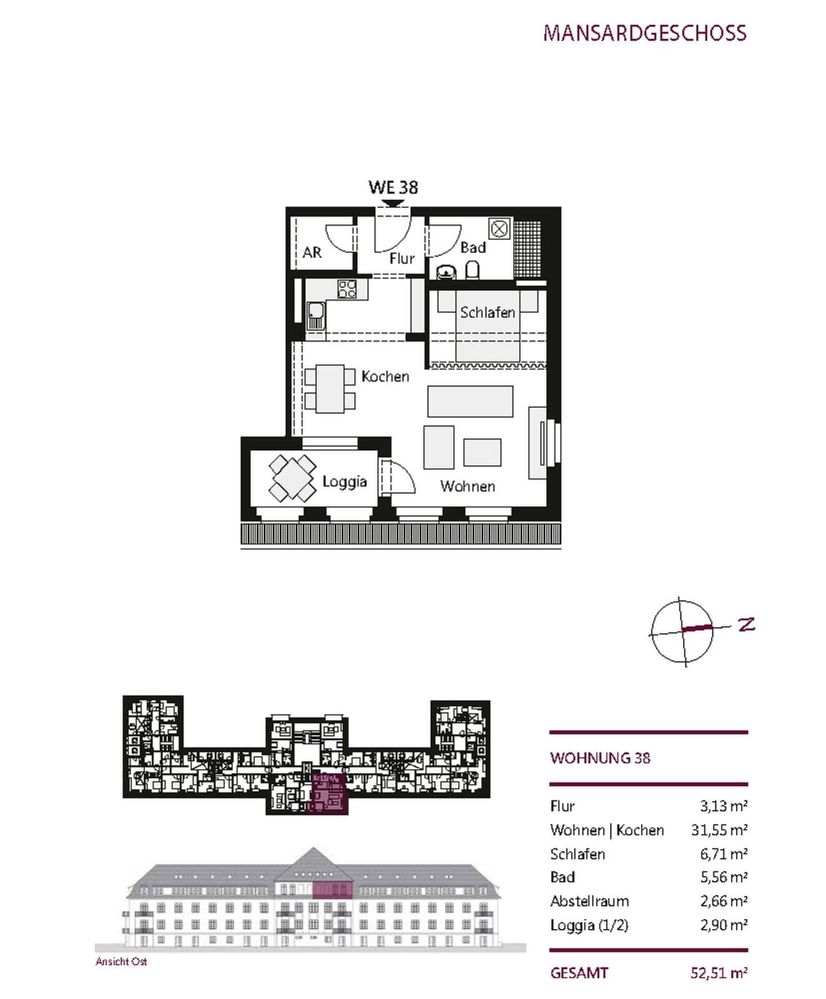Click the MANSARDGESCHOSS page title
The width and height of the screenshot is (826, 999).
[644, 33]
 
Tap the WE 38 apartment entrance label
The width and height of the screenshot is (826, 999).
[393, 187]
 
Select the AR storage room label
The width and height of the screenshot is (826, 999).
[312, 252]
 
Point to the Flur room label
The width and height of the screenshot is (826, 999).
[401, 258]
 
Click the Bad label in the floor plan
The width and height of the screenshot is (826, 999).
[473, 247]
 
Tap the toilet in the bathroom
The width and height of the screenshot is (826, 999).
[473, 270]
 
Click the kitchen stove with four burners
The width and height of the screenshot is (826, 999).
[347, 288]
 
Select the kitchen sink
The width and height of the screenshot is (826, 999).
[315, 316]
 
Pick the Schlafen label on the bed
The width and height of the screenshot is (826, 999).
[488, 312]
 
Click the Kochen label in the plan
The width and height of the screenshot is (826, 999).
[385, 376]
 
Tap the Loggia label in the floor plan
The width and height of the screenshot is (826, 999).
[345, 481]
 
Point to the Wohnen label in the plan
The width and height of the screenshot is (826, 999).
[468, 486]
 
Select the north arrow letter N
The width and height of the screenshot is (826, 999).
[746, 624]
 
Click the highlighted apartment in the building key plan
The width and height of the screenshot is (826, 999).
[328, 794]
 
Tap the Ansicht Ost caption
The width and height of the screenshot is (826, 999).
[121, 962]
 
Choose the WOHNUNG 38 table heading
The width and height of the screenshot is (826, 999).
[600, 758]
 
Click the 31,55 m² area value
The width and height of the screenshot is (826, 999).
[719, 830]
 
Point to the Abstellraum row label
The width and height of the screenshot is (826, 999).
[589, 901]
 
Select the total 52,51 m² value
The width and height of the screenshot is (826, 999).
[719, 973]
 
